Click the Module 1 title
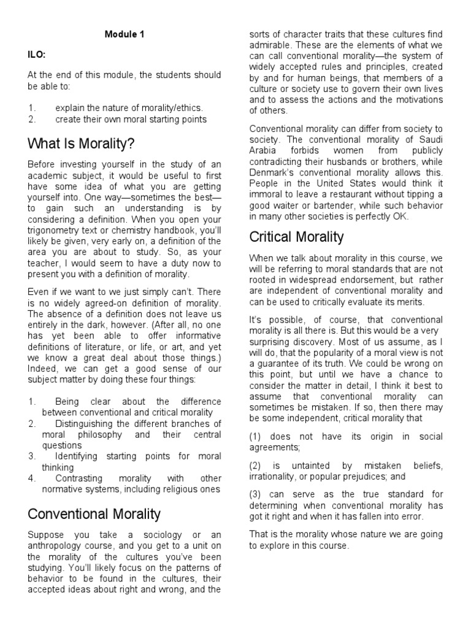(x=124, y=35)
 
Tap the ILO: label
(x=36, y=54)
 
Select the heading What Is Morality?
(x=81, y=144)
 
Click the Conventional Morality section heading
(x=94, y=513)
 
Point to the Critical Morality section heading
(x=296, y=236)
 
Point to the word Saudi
(x=431, y=139)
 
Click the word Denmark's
(x=271, y=172)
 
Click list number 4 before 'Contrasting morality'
(x=32, y=478)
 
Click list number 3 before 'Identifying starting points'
(x=32, y=456)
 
